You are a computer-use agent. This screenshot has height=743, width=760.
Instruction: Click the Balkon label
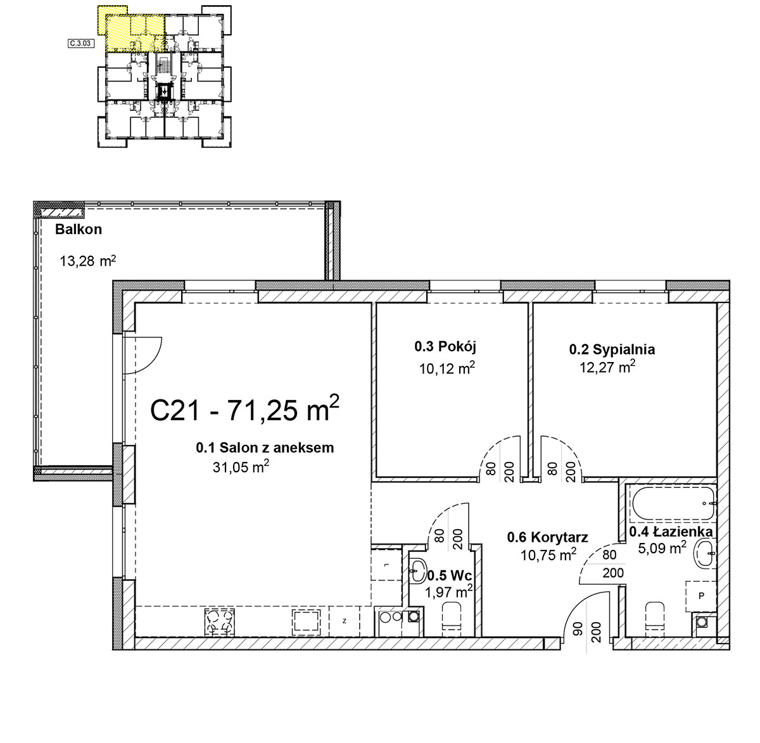79,230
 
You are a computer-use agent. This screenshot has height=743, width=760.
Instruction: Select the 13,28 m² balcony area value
88,261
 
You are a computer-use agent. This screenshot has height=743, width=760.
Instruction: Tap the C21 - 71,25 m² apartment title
244,409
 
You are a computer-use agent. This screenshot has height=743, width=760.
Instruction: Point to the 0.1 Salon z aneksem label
265,447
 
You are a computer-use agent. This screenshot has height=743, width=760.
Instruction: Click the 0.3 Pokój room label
445,346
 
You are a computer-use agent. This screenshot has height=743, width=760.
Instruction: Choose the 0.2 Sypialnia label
612,349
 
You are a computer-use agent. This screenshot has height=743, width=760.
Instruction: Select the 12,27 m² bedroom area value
607,367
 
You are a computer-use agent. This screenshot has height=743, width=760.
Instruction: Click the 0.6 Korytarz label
548,537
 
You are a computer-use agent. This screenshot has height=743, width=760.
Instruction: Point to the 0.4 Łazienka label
671,532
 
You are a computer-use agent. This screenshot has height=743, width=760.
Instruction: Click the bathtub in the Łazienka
674,503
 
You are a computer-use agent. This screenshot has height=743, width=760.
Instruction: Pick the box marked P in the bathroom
700,596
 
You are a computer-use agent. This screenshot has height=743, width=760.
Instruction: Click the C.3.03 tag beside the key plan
81,43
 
